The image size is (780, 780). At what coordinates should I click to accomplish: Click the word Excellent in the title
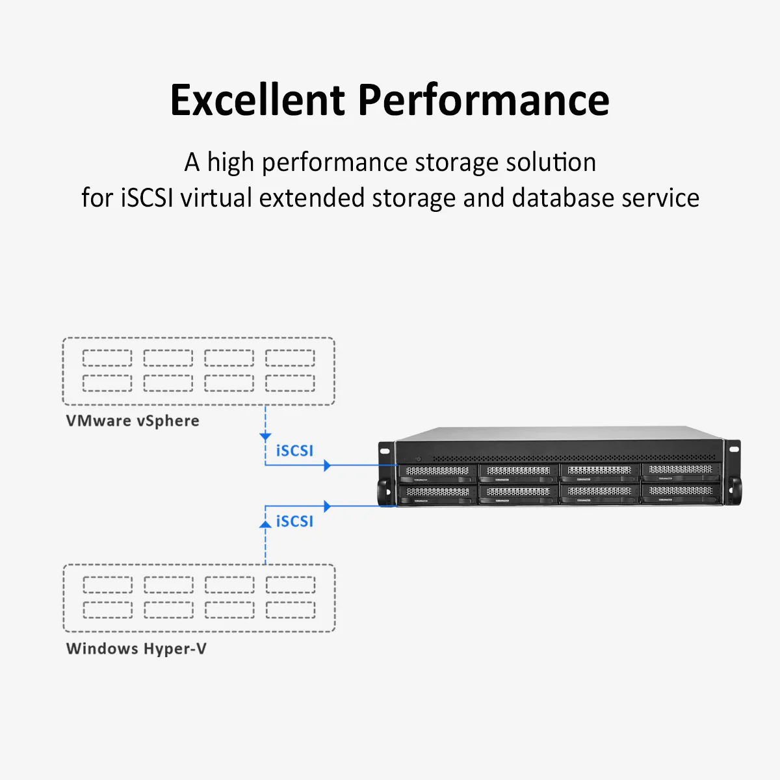[x=257, y=100]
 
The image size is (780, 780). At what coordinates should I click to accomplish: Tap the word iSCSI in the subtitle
[x=147, y=198]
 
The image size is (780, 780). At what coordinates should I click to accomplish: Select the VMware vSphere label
[x=133, y=421]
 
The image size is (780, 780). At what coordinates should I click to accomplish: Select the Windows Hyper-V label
[x=136, y=648]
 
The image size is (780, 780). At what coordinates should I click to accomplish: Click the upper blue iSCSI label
[x=294, y=450]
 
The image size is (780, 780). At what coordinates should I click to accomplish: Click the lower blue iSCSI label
[x=294, y=521]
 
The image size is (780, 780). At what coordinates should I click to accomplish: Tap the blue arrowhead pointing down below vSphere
[x=265, y=437]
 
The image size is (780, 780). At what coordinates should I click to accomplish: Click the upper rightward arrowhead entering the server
[x=328, y=465]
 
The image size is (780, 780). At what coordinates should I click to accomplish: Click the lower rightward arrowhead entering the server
[x=328, y=506]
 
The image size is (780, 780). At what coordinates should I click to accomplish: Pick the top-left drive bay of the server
[x=437, y=473]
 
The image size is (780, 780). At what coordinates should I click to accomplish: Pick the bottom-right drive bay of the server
[x=680, y=494]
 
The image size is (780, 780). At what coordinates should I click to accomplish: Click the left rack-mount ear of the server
[x=386, y=471]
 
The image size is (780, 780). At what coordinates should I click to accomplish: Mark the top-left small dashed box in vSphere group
[x=107, y=358]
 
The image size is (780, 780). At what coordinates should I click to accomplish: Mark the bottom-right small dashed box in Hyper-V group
[x=291, y=610]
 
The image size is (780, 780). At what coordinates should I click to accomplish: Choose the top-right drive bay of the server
[x=680, y=471]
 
